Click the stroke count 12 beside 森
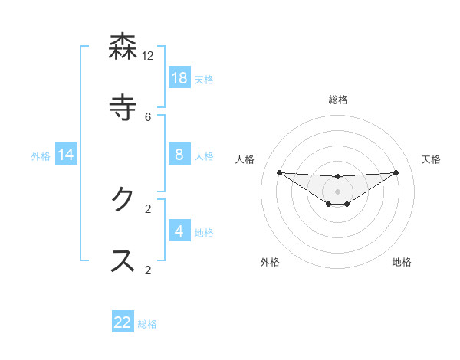pos(148,56)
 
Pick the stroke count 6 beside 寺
pos(148,116)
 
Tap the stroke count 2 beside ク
pos(148,208)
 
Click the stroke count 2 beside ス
pos(148,269)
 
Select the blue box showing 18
pos(179,78)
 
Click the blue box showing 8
pos(179,155)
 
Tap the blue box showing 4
pos(179,231)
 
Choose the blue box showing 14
pos(66,155)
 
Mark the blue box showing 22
pos(123,322)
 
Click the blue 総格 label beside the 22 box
pos(148,324)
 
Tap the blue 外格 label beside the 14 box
pos(41,156)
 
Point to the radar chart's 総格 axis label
pos(338,100)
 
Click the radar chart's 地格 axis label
pos(402,262)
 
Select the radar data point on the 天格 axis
pos(396,172)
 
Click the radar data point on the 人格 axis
pos(279,172)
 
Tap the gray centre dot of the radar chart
pos(338,191)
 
